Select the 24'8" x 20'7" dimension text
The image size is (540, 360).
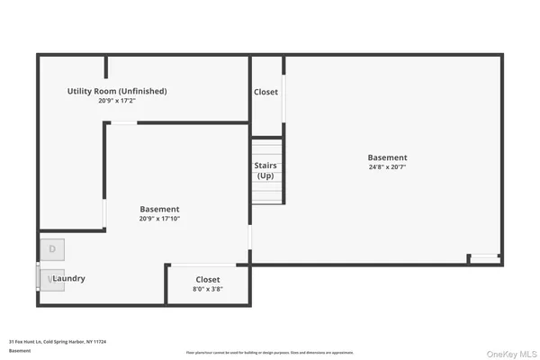click(x=387, y=167)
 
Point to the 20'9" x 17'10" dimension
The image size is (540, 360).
click(x=159, y=219)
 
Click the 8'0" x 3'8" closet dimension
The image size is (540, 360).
click(x=208, y=290)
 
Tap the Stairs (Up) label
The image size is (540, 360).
click(x=266, y=171)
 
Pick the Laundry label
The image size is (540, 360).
click(x=69, y=279)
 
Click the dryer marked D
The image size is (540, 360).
click(x=53, y=248)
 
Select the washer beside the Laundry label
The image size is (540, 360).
click(x=52, y=280)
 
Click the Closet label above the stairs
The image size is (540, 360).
click(x=266, y=92)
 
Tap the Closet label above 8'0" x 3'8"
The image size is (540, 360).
click(x=208, y=280)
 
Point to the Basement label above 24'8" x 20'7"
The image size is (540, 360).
click(x=387, y=157)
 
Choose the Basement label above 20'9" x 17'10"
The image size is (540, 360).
click(x=159, y=209)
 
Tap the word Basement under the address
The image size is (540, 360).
click(x=20, y=351)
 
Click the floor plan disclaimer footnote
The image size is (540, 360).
click(x=270, y=352)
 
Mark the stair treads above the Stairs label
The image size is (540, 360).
click(x=266, y=149)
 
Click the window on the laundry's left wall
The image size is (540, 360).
click(x=37, y=278)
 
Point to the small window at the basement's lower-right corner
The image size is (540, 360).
click(x=486, y=257)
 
